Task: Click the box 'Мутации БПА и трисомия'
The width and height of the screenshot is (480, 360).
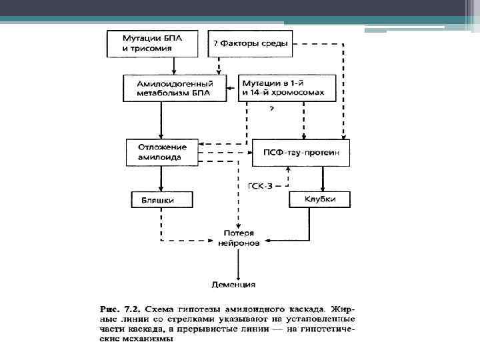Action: coord(153,43)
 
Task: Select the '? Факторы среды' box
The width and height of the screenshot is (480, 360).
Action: coord(250,44)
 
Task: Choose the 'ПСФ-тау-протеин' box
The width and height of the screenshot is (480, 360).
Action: coord(301,153)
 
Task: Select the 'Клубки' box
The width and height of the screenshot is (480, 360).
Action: coord(320,199)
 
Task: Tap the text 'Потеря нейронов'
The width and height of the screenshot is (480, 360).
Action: coord(239,238)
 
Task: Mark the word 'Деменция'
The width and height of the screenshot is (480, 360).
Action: coord(233,285)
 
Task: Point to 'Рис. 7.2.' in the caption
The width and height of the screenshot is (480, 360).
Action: coord(121,310)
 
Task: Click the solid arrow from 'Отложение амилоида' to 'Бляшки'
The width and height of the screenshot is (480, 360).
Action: coord(161,178)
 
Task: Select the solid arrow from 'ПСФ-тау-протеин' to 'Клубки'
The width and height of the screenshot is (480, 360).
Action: coord(323,178)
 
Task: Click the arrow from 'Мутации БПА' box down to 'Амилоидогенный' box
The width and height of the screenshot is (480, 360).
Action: coord(173,65)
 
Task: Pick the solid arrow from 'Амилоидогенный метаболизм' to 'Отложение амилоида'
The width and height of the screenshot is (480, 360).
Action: coord(161,120)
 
